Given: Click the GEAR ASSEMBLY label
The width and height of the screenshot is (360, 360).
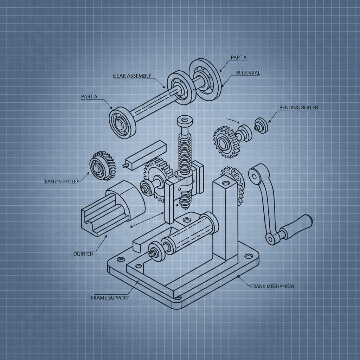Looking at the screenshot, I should [132, 76].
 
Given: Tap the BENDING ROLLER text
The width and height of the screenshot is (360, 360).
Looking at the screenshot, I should [298, 108].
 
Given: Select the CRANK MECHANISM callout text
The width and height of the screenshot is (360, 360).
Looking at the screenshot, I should [272, 286].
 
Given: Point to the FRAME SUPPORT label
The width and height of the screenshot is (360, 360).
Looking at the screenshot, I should [110, 297].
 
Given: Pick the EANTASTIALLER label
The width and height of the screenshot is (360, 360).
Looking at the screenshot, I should [62, 181].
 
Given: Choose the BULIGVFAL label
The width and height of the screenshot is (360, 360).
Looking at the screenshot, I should [248, 73].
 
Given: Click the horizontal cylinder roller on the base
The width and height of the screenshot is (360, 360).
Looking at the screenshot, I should [189, 234].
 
